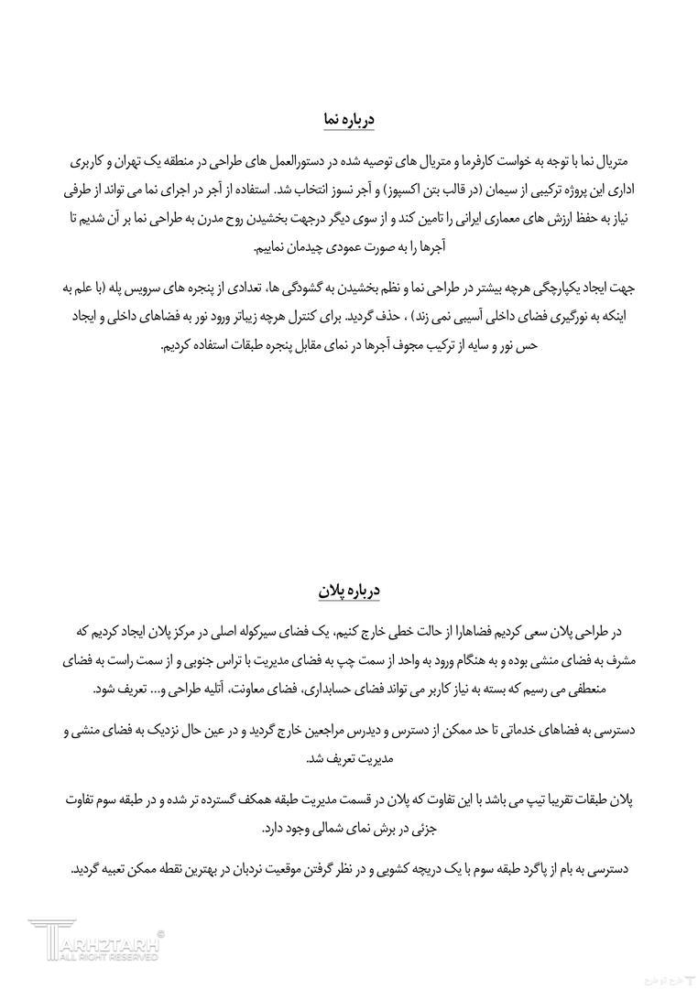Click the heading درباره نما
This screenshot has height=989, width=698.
[348, 120]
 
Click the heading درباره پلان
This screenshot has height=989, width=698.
[348, 591]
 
